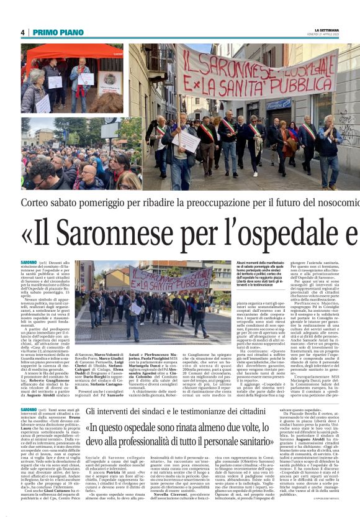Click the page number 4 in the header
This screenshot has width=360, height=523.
pyautogui.click(x=23, y=32)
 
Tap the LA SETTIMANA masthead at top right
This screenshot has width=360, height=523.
pyautogui.click(x=328, y=29)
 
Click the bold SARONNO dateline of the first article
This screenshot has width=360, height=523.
pyautogui.click(x=29, y=263)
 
